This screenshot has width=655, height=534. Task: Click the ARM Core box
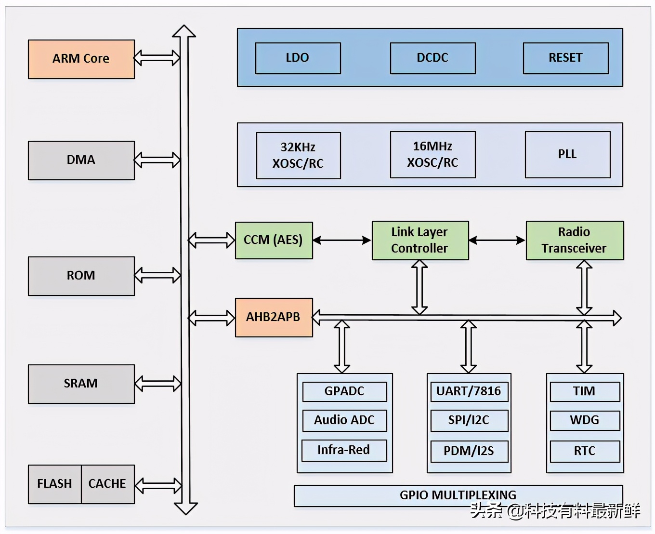[81, 59]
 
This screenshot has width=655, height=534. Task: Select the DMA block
[81, 160]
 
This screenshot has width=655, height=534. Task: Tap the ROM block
[81, 276]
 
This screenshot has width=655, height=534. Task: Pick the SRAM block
[81, 384]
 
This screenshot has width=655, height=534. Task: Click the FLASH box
[54, 484]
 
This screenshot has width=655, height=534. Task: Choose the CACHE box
[107, 484]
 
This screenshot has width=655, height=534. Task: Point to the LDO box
[298, 58]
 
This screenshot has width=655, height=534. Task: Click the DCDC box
[432, 58]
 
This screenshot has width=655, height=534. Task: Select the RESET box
[565, 58]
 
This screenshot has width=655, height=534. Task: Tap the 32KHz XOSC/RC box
[298, 155]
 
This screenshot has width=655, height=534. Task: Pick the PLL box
[567, 154]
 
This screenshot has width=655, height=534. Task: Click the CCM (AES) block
[274, 240]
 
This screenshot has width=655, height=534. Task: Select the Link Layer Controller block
[420, 240]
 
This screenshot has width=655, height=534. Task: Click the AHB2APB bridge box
[274, 317]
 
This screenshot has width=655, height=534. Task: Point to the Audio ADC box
[344, 420]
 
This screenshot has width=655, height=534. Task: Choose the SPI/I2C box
[469, 420]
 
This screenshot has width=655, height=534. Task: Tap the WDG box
[585, 420]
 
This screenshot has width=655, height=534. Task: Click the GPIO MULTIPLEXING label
[458, 495]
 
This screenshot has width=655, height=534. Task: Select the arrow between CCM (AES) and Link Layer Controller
[342, 240]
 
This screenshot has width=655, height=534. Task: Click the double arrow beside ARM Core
[157, 58]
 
